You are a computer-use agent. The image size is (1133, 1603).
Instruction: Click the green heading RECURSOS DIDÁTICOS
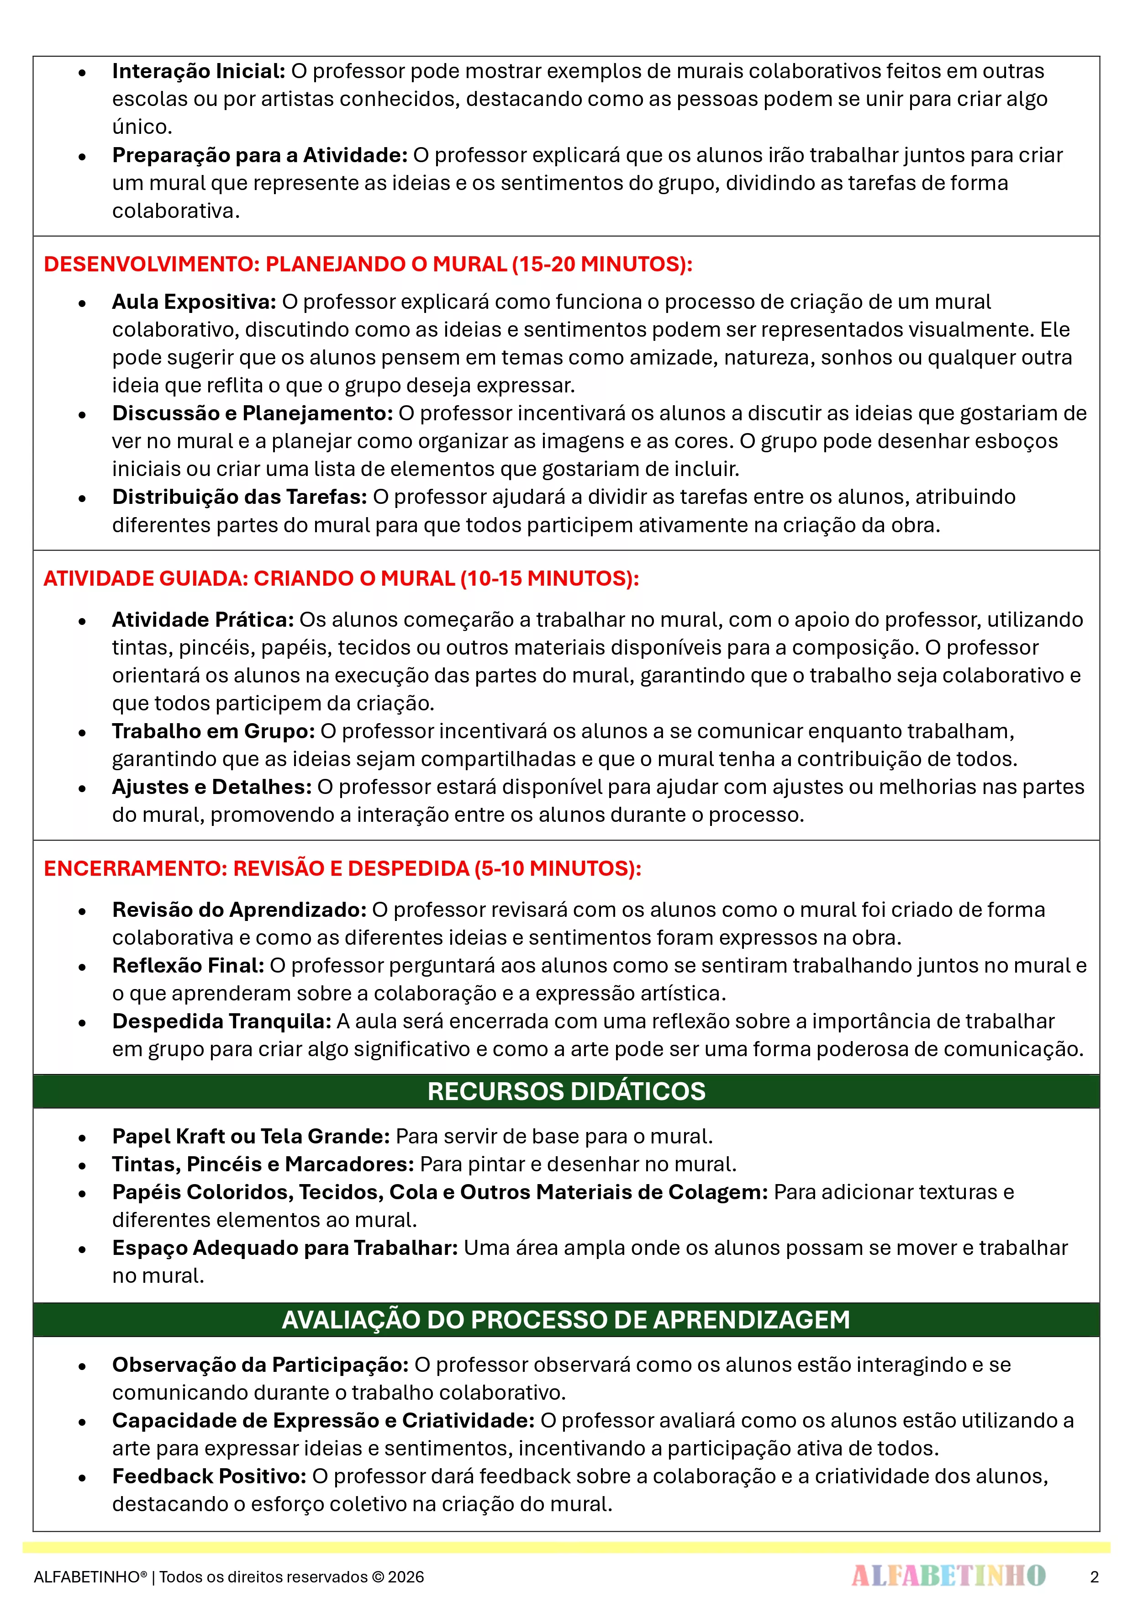[x=566, y=1091]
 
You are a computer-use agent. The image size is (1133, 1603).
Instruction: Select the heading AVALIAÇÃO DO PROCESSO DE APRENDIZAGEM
[x=566, y=1320]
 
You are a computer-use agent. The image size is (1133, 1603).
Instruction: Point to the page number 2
[x=1094, y=1577]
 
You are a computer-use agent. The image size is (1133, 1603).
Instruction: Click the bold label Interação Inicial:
[x=198, y=71]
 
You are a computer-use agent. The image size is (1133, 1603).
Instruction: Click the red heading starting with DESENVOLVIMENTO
[x=368, y=264]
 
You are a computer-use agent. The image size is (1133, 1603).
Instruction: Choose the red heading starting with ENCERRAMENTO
[x=342, y=868]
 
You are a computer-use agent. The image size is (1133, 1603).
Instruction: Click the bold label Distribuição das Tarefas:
[x=239, y=497]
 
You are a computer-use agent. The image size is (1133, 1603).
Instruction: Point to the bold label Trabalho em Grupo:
[x=214, y=731]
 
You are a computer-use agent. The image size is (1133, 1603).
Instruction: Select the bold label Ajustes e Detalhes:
[x=211, y=787]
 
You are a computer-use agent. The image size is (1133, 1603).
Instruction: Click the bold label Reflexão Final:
[x=188, y=966]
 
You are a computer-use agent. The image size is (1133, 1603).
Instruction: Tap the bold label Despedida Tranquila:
[x=221, y=1021]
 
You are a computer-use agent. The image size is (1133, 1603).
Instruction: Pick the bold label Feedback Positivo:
[x=210, y=1476]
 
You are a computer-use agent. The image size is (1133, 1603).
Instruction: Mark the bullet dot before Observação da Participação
[x=82, y=1365]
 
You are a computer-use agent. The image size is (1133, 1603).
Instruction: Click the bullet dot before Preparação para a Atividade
[x=82, y=156]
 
